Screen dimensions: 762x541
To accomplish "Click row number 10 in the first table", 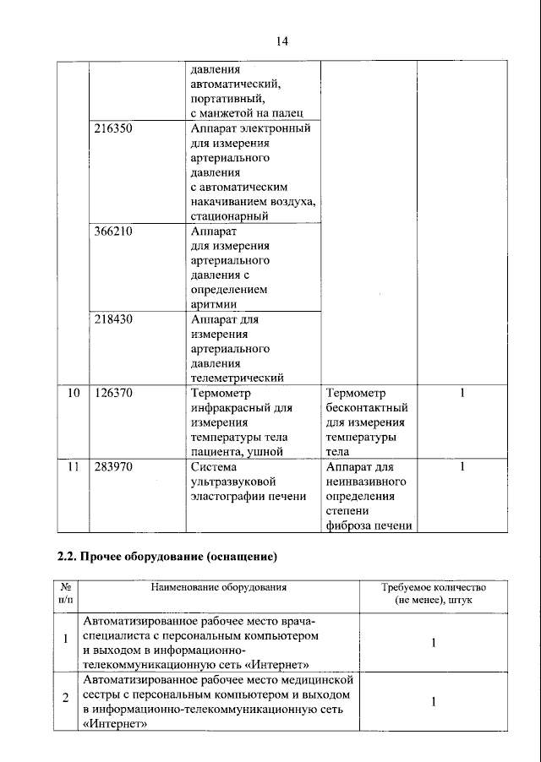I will pyautogui.click(x=74, y=393).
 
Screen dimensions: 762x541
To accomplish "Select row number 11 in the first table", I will pyautogui.click(x=74, y=466).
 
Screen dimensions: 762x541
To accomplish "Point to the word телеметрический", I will pyautogui.click(x=237, y=378).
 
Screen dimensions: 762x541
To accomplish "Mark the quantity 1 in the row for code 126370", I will pyautogui.click(x=462, y=393).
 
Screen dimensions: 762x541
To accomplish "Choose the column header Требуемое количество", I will pyautogui.click(x=433, y=586).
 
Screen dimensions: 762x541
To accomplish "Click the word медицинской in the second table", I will pyautogui.click(x=322, y=678).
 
